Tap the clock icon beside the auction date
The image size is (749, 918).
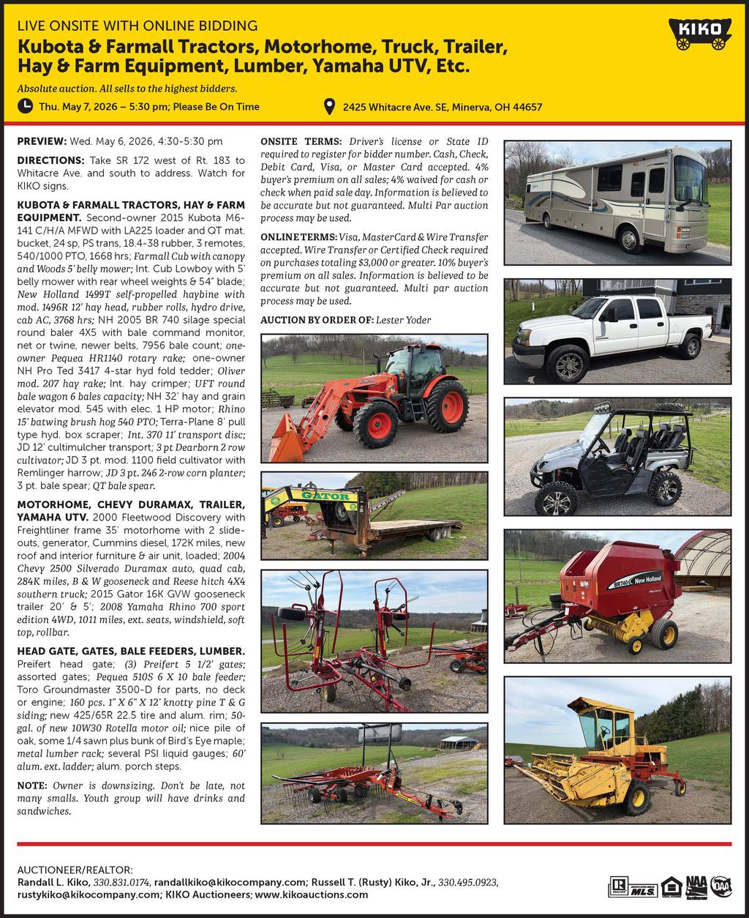(x=26, y=106)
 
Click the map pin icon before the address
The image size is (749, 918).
(x=331, y=107)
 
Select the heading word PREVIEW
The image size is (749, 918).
(x=41, y=141)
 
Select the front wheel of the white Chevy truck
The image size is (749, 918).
(x=567, y=362)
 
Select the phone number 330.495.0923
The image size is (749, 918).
(x=468, y=882)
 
